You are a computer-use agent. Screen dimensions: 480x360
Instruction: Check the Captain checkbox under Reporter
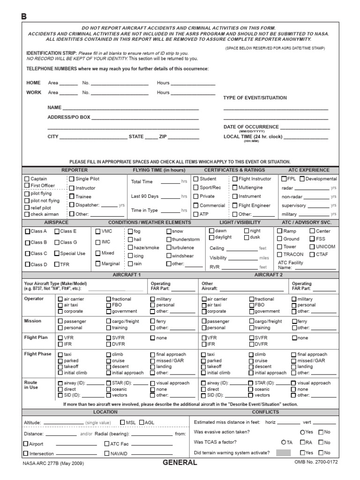(x=27, y=179)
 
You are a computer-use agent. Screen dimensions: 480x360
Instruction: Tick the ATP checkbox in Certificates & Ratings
(x=196, y=214)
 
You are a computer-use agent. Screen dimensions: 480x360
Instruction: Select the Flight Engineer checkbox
(x=234, y=205)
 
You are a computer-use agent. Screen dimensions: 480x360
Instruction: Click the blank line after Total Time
(x=170, y=182)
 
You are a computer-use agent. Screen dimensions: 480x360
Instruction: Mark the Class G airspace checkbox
(x=57, y=242)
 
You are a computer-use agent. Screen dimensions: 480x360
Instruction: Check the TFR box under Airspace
(x=57, y=264)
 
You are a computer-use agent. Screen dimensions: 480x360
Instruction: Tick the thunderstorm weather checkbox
(x=169, y=240)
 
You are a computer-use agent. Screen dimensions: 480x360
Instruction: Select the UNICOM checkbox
(x=312, y=247)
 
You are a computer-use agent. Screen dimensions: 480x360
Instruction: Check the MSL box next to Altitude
(x=122, y=422)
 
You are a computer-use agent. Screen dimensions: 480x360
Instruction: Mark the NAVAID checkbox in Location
(x=107, y=454)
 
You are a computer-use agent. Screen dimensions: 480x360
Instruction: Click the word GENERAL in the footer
(x=180, y=463)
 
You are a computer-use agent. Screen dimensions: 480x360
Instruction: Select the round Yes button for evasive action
(x=302, y=432)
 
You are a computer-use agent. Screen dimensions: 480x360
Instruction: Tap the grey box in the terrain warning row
(x=284, y=453)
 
